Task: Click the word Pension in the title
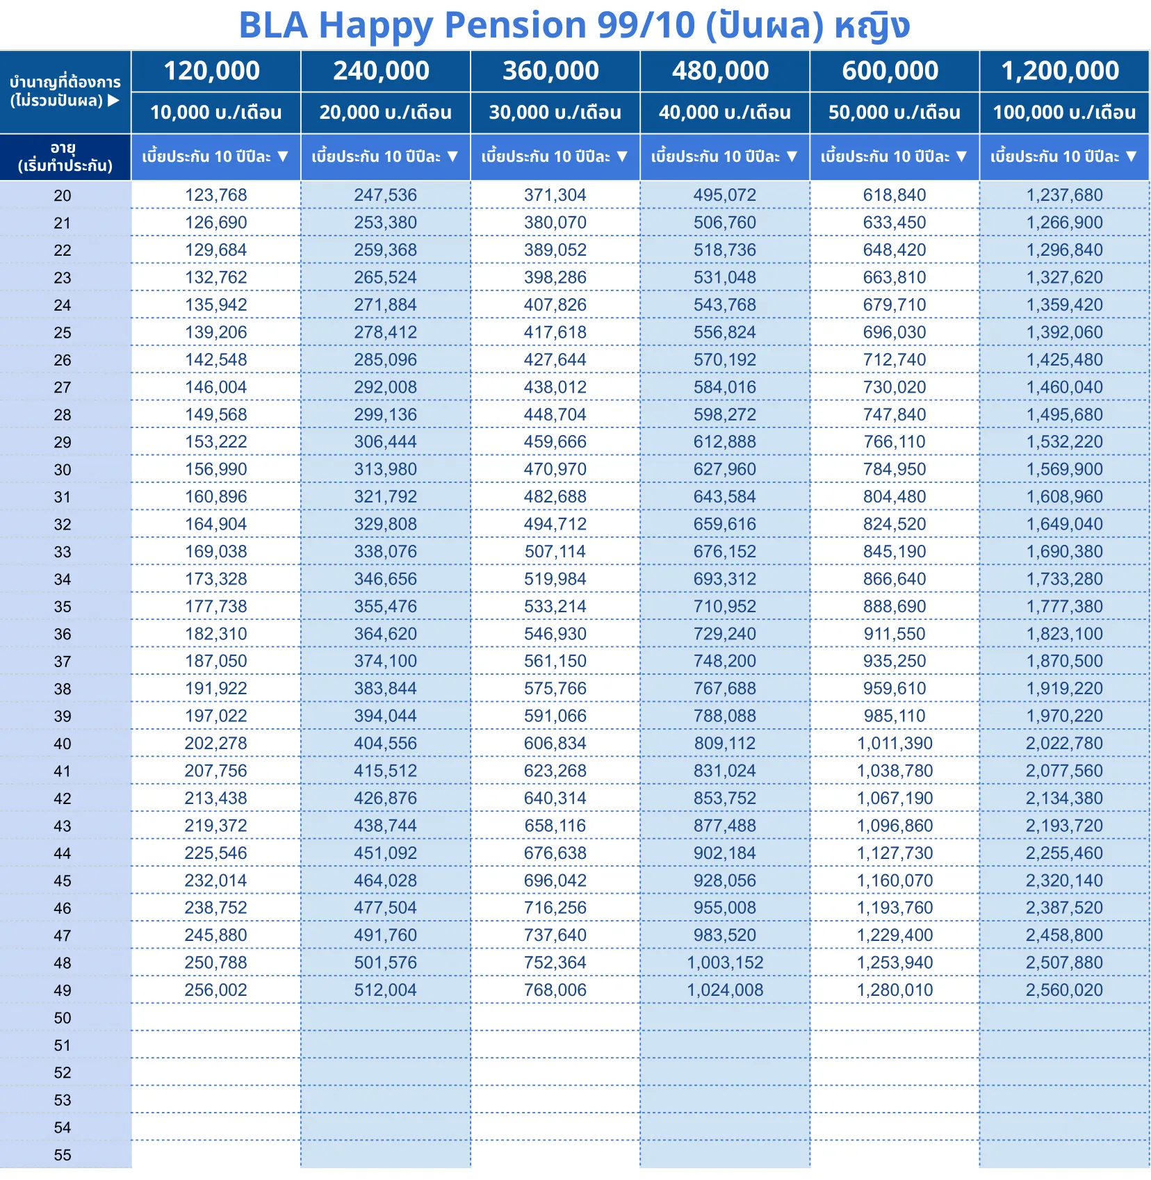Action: click(515, 26)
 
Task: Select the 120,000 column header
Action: click(212, 71)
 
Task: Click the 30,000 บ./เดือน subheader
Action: click(555, 113)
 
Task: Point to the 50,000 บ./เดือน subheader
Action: click(894, 113)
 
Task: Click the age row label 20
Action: click(63, 196)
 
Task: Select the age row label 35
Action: click(63, 607)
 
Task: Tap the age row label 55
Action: click(63, 1155)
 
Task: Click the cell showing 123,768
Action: click(215, 195)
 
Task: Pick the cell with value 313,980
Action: click(385, 470)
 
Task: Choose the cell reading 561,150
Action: click(555, 662)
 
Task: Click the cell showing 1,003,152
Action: click(725, 963)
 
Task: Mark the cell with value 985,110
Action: click(894, 716)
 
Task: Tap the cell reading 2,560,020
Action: click(1064, 990)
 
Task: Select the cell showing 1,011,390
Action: click(894, 744)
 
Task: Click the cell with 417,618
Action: click(555, 333)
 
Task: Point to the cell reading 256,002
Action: click(215, 990)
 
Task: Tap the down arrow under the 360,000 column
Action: click(622, 156)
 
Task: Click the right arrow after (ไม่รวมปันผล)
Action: click(114, 101)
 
